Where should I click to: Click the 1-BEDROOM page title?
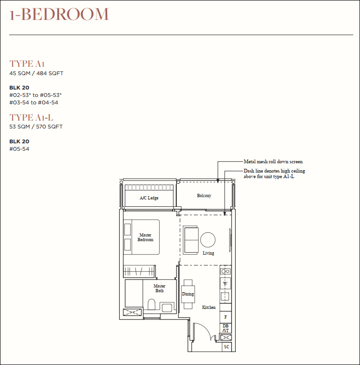(x=59, y=14)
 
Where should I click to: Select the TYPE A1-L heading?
(x=31, y=117)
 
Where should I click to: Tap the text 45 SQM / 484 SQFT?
(x=36, y=73)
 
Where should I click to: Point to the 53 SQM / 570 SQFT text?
(x=36, y=127)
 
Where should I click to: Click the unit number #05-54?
(x=19, y=149)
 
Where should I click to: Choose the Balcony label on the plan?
(x=204, y=196)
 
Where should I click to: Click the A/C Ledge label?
(x=149, y=198)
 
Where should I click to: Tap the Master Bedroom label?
(x=145, y=237)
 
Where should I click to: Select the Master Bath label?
(x=160, y=288)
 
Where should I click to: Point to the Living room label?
(x=208, y=253)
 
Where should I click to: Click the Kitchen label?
(x=209, y=307)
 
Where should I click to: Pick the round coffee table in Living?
(x=208, y=240)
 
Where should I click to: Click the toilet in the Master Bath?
(x=152, y=305)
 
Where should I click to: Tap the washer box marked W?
(x=225, y=283)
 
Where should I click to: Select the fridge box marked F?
(x=225, y=317)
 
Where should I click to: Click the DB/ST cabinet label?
(x=225, y=328)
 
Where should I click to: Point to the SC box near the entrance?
(x=226, y=346)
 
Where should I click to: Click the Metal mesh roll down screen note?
(x=273, y=161)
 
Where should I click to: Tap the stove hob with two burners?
(x=225, y=271)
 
